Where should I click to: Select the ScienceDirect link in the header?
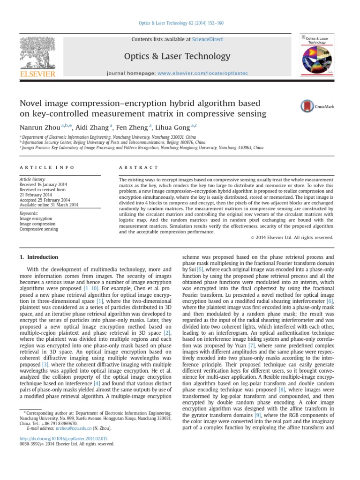pos(207,39)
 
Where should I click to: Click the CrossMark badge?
pos(317,106)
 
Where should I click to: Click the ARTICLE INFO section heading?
pos(38,167)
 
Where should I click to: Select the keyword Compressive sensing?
pos(38,229)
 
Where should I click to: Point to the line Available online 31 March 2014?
pos(48,204)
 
